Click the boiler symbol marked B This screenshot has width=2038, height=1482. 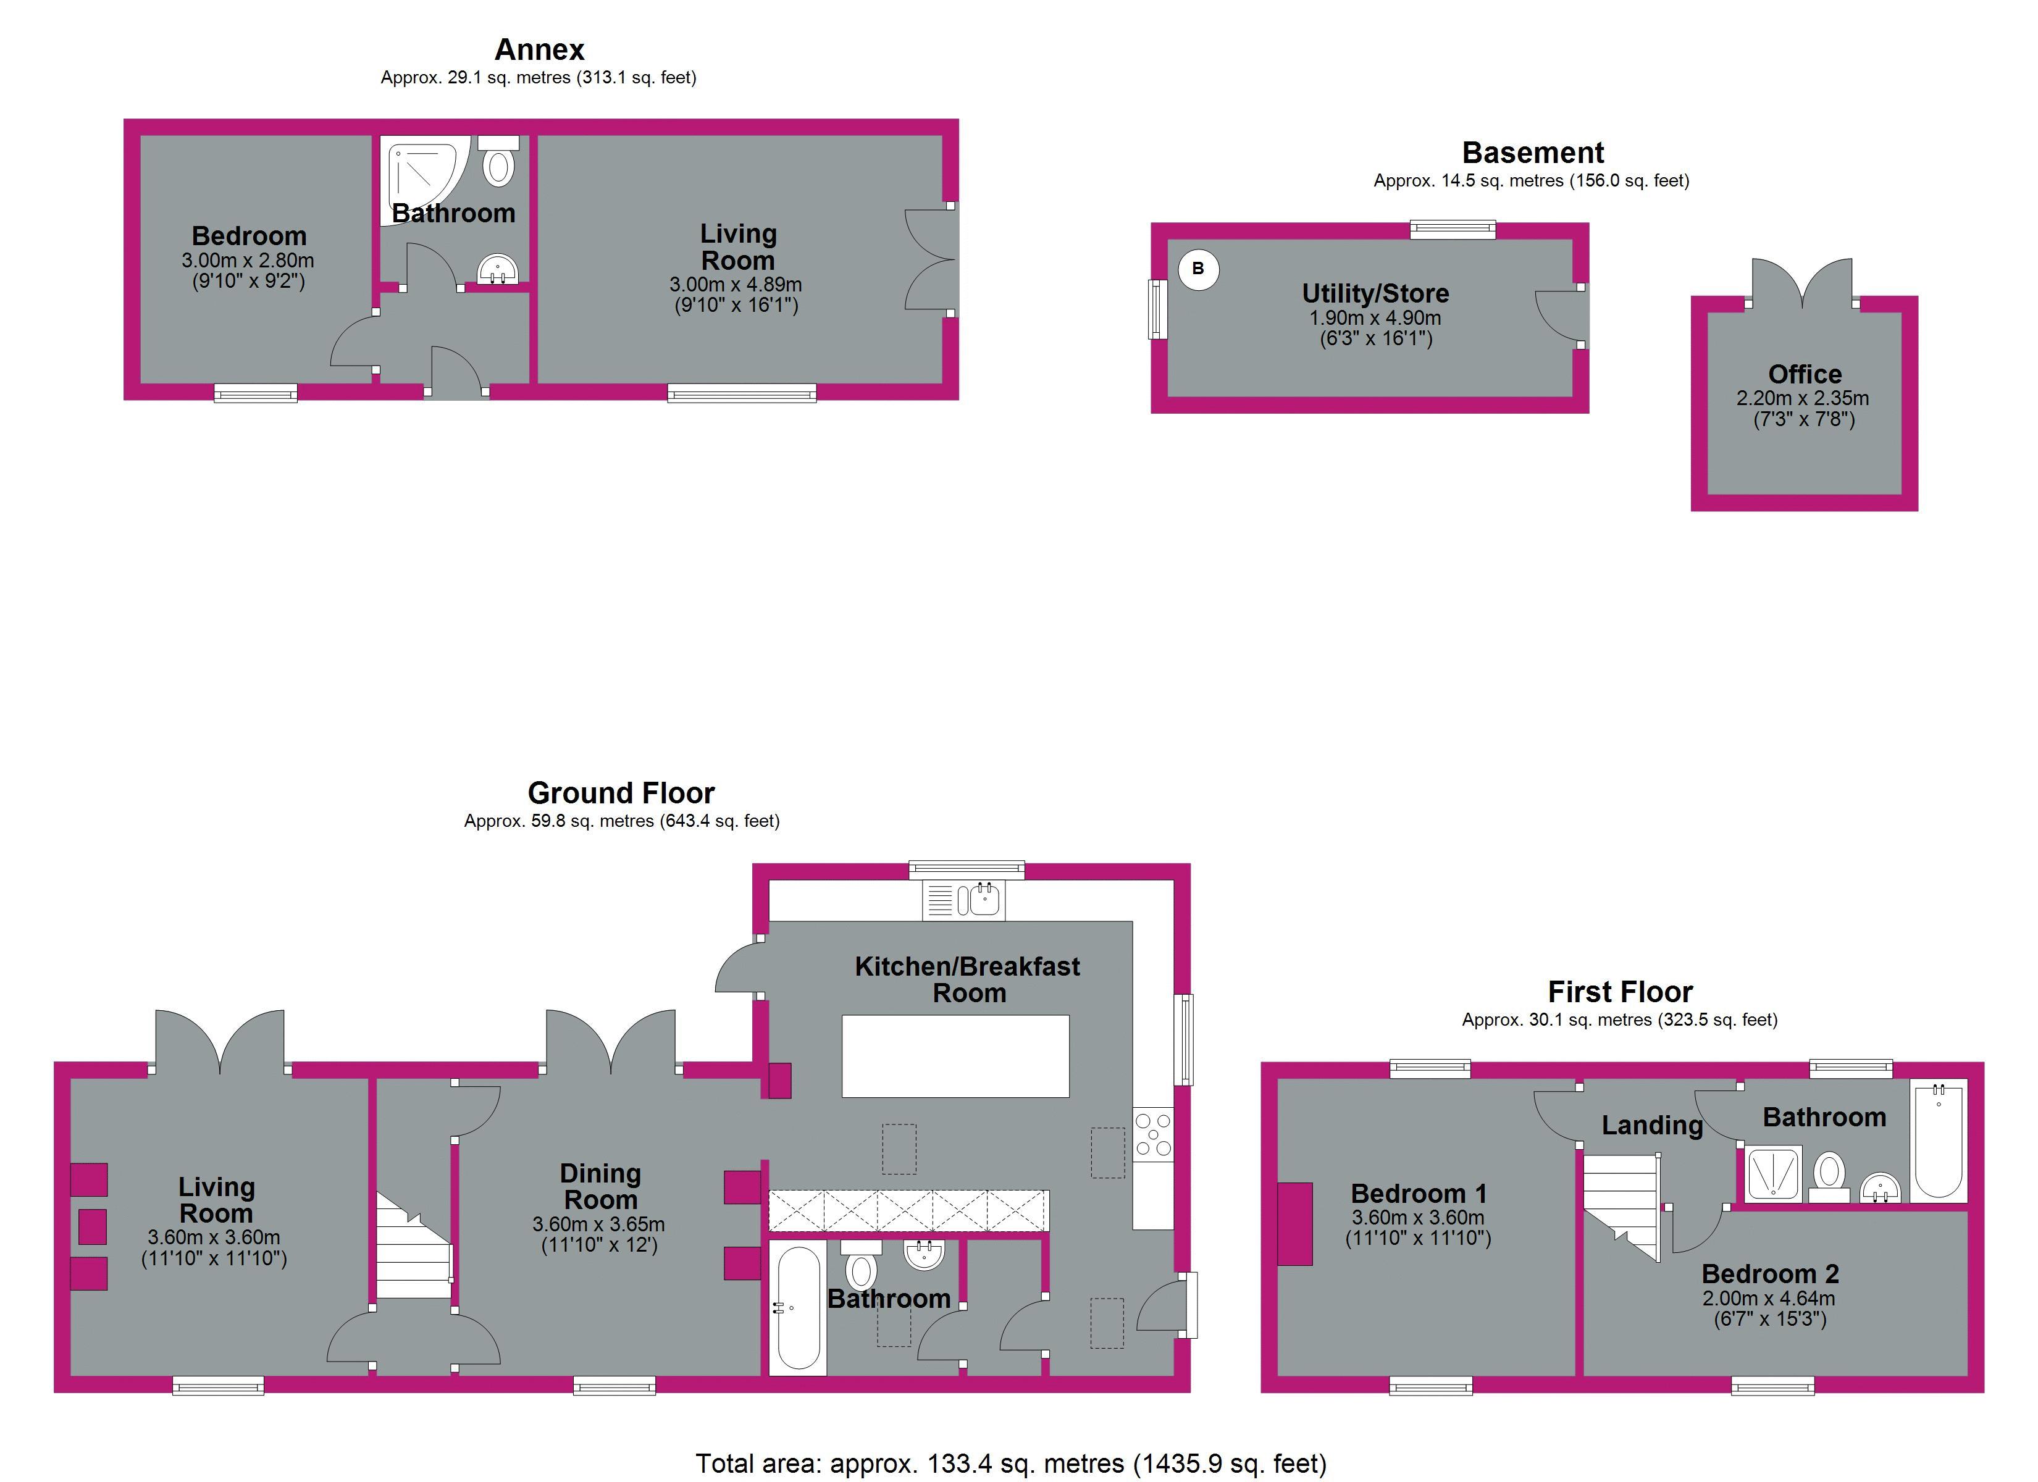pos(1199,269)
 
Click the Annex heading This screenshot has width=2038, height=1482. pos(539,49)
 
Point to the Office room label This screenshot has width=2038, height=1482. pos(1805,374)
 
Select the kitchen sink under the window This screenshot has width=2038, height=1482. pos(963,900)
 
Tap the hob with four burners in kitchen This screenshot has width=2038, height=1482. pos(1153,1134)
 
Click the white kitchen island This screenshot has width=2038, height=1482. pos(955,1056)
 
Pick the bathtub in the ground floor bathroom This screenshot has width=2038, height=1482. pos(798,1308)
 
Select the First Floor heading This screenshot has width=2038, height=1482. pos(1620,991)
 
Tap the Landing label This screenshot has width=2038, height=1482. pos(1651,1125)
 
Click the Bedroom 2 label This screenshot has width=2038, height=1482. pos(1770,1273)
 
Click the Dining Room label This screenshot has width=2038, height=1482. pos(600,1186)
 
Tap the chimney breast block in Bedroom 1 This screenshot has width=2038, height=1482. pos(1295,1224)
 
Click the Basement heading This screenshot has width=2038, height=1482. pos(1532,152)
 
